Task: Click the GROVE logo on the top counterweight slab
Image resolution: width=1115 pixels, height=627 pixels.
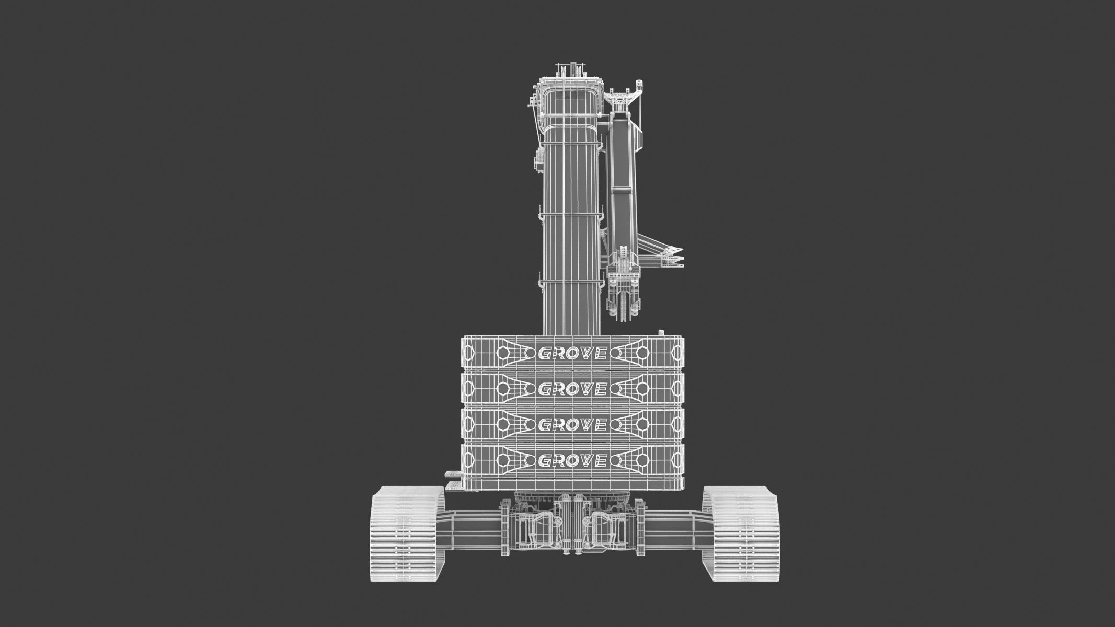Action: click(572, 354)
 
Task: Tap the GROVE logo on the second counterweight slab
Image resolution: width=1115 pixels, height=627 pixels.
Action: click(572, 389)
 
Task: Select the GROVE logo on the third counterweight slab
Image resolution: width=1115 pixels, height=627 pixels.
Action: click(572, 425)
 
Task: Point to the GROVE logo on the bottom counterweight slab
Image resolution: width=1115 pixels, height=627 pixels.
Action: click(572, 460)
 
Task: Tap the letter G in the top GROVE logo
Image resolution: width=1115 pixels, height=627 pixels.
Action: click(545, 354)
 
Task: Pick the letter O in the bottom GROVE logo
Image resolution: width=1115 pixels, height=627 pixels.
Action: click(573, 460)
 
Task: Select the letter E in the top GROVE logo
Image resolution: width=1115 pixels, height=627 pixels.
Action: click(600, 354)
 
